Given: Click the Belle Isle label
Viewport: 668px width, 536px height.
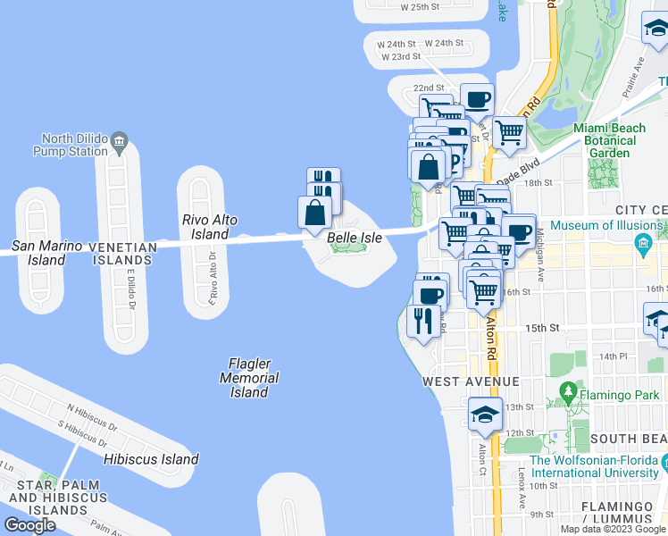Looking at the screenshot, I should [354, 238].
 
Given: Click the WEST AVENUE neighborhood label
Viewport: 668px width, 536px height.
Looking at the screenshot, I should [472, 381].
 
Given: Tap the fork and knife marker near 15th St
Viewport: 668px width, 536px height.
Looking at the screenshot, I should [421, 321].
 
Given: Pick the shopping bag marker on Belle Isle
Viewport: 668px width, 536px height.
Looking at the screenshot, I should [314, 213].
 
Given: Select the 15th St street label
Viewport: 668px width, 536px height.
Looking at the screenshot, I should [542, 329].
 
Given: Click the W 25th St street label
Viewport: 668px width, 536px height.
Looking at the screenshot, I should [420, 6].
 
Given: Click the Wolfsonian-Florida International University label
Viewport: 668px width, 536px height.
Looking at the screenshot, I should [598, 467].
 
